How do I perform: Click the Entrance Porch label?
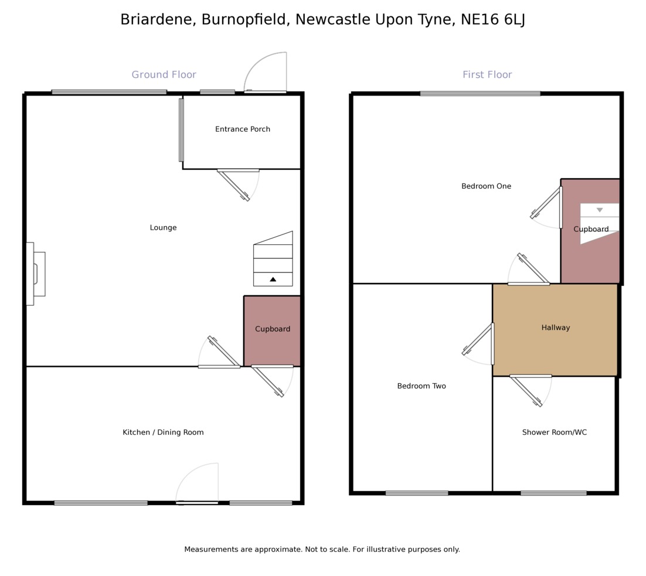point(243,129)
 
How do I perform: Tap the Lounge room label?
point(163,228)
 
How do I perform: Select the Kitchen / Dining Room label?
point(163,432)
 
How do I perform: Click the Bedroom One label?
point(486,186)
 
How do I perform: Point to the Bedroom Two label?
point(421,386)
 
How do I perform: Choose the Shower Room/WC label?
point(554,432)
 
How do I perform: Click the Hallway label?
point(555,328)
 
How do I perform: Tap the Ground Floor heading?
point(164,75)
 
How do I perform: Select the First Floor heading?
point(487,75)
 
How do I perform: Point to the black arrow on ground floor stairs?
point(273,280)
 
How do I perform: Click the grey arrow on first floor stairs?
point(600,210)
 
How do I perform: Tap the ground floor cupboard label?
point(273,329)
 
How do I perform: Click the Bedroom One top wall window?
point(480,93)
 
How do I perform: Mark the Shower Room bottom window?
point(553,493)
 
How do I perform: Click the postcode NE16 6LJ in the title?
point(493,19)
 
